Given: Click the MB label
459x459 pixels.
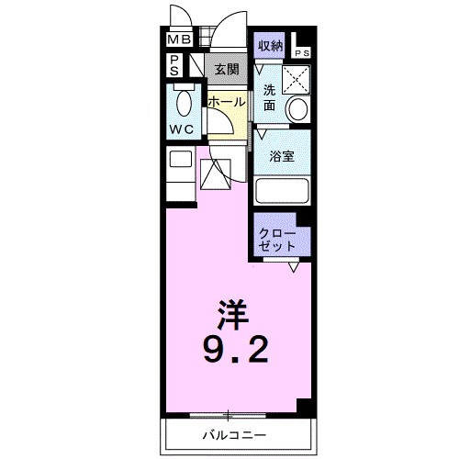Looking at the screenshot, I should pyautogui.click(x=178, y=40).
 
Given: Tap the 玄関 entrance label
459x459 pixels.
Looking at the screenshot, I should pyautogui.click(x=226, y=67).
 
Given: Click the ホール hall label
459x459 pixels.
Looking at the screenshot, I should pyautogui.click(x=226, y=102).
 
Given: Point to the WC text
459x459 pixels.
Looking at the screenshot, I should pyautogui.click(x=180, y=129).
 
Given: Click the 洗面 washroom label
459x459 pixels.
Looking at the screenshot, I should pyautogui.click(x=269, y=97).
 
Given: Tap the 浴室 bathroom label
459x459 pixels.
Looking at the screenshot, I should pyautogui.click(x=281, y=157).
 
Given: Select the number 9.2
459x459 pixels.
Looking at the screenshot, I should pyautogui.click(x=236, y=350).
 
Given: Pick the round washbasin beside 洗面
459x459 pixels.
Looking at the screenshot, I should pyautogui.click(x=297, y=108).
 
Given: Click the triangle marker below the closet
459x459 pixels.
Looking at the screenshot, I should pyautogui.click(x=294, y=267).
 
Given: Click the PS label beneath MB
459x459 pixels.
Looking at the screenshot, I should pyautogui.click(x=174, y=65).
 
